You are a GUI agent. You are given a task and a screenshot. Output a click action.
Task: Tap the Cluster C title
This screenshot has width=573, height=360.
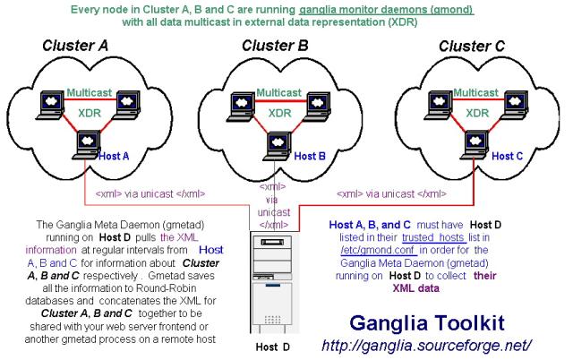pos(466,46)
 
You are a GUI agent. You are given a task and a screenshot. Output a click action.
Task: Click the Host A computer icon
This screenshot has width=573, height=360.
pos(87,141)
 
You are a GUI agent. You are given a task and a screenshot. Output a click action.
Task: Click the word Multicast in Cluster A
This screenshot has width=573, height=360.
pos(89,91)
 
